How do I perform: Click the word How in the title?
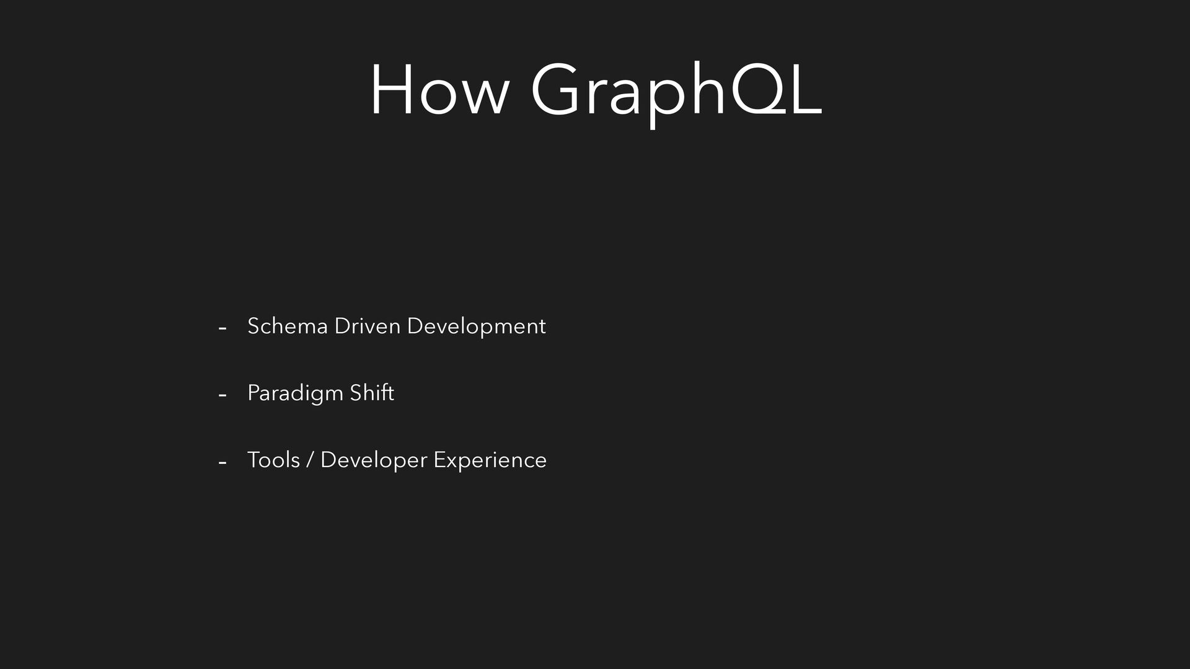click(439, 89)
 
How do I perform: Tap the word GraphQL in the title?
click(676, 93)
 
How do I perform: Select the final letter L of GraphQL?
click(805, 89)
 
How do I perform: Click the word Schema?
click(287, 326)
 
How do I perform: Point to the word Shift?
click(372, 393)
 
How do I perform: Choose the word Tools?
click(273, 460)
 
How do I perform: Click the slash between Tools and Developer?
click(310, 460)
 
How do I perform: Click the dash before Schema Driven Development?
click(223, 328)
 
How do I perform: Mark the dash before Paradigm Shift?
click(223, 395)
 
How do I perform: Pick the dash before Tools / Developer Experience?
click(223, 462)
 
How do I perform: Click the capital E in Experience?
click(439, 460)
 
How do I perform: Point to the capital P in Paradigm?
click(253, 393)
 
